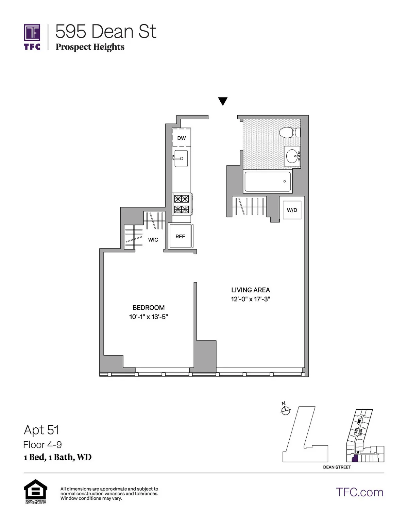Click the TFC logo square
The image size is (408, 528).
click(32, 33)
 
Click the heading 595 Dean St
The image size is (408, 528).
click(105, 32)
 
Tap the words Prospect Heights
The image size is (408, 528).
click(90, 47)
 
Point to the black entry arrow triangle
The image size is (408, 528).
click(223, 101)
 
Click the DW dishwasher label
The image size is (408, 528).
click(182, 138)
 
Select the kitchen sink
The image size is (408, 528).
click(181, 158)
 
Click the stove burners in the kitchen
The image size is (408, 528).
click(181, 204)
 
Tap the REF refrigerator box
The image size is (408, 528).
click(181, 237)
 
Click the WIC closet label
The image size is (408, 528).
click(153, 240)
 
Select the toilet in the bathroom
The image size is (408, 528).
click(289, 132)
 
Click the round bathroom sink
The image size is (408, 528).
click(292, 156)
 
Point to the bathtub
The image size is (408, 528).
click(268, 182)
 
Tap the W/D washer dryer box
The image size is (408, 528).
click(292, 210)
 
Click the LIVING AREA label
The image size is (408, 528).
click(251, 290)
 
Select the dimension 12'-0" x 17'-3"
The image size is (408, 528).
click(251, 299)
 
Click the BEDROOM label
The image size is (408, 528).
click(149, 308)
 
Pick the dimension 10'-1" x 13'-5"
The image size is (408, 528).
click(149, 317)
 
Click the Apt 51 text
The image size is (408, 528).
click(41, 430)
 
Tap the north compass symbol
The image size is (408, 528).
click(285, 410)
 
